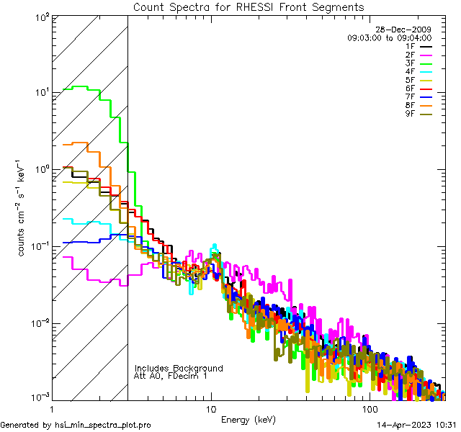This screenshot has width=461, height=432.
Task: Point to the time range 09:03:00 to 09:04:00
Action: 390,37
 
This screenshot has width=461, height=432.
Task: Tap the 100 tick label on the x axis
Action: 368,409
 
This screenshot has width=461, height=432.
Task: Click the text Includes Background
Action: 179,368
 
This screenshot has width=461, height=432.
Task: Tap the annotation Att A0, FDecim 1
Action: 171,376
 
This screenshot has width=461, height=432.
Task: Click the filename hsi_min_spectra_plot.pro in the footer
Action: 103,425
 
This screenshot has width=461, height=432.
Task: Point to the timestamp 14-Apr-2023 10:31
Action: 416,425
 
